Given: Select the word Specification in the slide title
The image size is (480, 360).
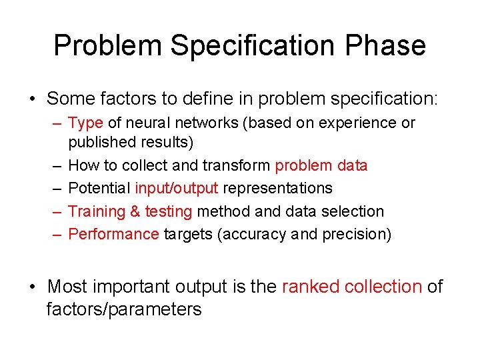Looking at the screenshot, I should tap(253, 45).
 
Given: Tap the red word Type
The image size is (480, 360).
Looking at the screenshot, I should tap(85, 123).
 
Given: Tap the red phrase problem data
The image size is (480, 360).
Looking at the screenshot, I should tap(321, 165).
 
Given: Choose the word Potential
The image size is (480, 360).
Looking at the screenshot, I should tap(99, 188).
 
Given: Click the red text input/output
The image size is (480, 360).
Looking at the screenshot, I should tap(177, 188).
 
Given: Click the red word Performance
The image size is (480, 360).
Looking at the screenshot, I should tap(113, 234).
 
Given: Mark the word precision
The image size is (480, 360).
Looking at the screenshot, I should tap(357, 234).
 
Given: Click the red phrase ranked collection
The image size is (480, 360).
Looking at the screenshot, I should tap(352, 287).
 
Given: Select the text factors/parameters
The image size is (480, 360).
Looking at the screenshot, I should tap(124, 309).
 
